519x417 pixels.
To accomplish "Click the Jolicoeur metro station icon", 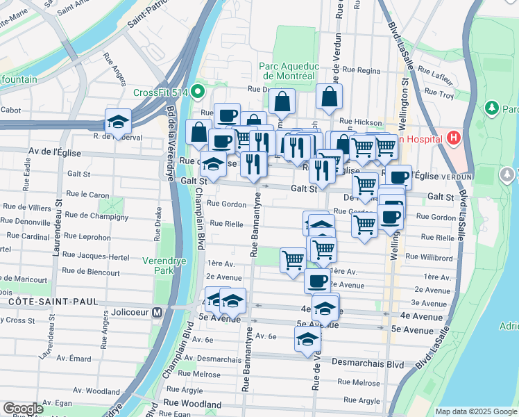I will click(158, 313).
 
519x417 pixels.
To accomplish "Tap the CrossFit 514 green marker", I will click(198, 91).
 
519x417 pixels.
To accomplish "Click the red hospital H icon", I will click(454, 138).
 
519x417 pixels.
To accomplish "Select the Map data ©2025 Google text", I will click(476, 411).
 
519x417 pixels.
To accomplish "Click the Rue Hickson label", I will click(355, 121).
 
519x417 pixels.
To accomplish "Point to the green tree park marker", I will click(493, 108).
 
